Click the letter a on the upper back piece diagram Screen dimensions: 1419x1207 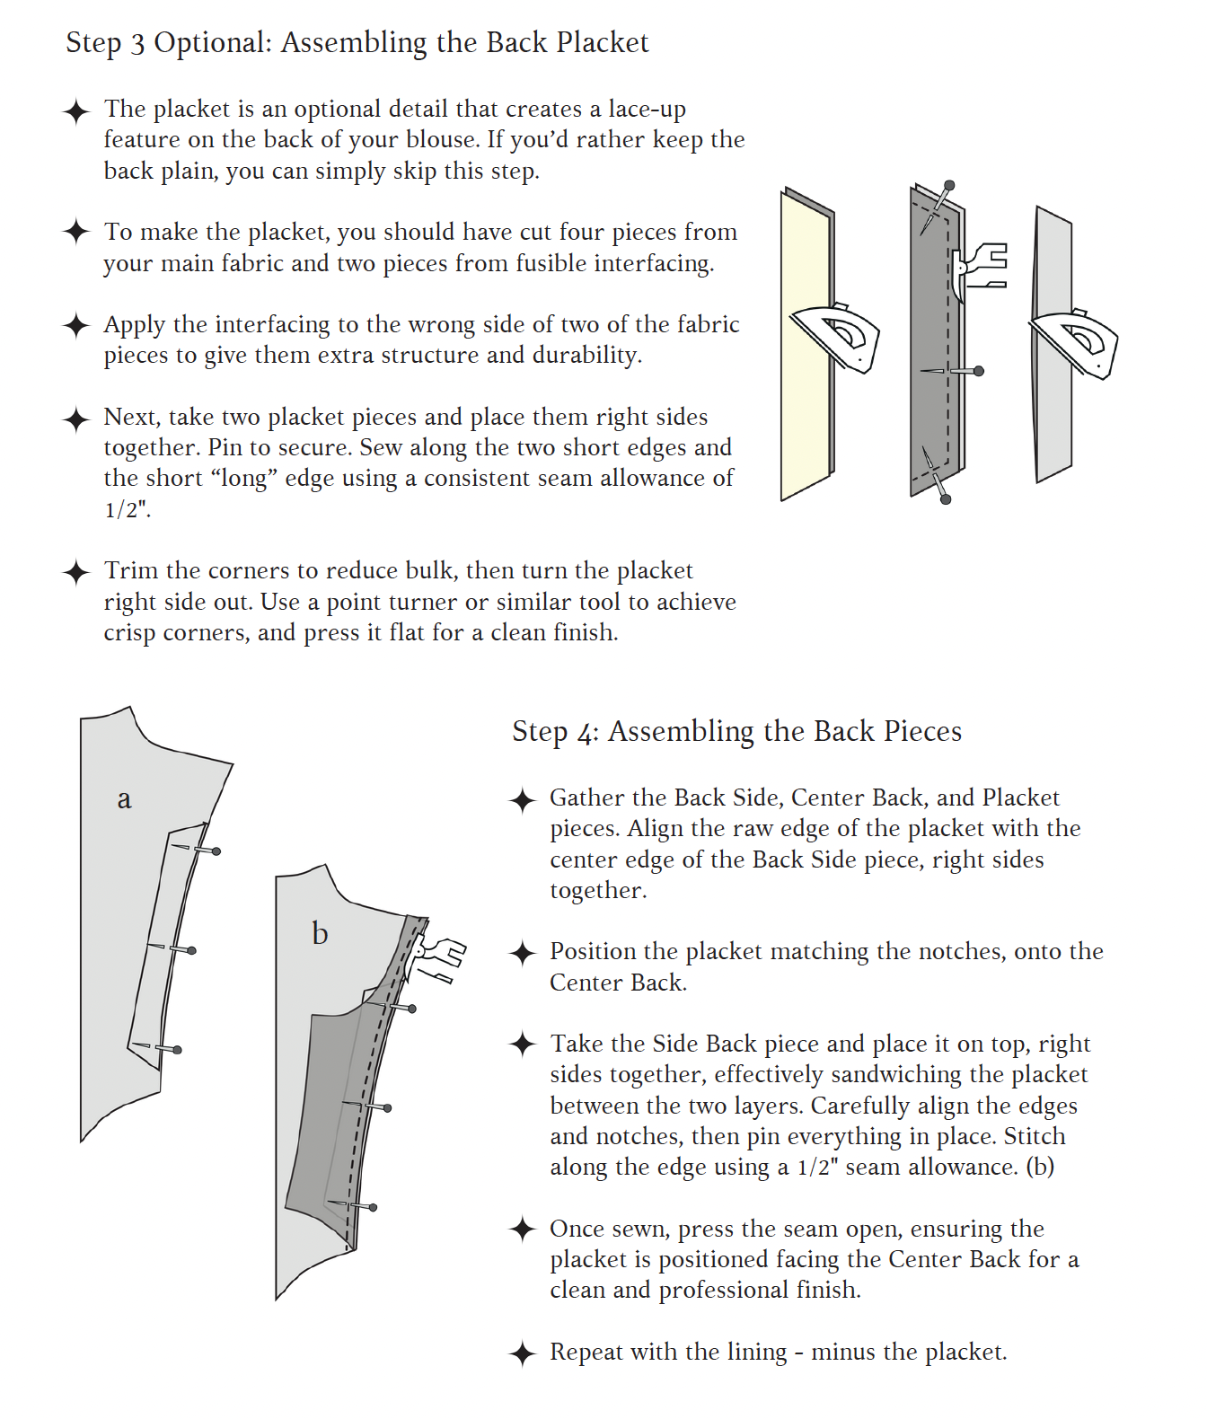(124, 799)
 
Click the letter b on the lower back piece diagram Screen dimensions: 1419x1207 (320, 934)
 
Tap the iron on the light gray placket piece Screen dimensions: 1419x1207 (1079, 341)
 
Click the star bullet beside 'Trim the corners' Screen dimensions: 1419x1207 (76, 572)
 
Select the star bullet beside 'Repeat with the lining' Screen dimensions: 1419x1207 (523, 1353)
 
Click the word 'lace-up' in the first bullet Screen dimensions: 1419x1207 (647, 110)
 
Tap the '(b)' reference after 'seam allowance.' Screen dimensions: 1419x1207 (1040, 1168)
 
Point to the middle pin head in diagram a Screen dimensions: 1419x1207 (191, 950)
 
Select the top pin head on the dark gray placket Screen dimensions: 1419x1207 (949, 185)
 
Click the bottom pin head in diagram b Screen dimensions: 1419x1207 (373, 1207)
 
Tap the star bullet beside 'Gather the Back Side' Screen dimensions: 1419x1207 (523, 799)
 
